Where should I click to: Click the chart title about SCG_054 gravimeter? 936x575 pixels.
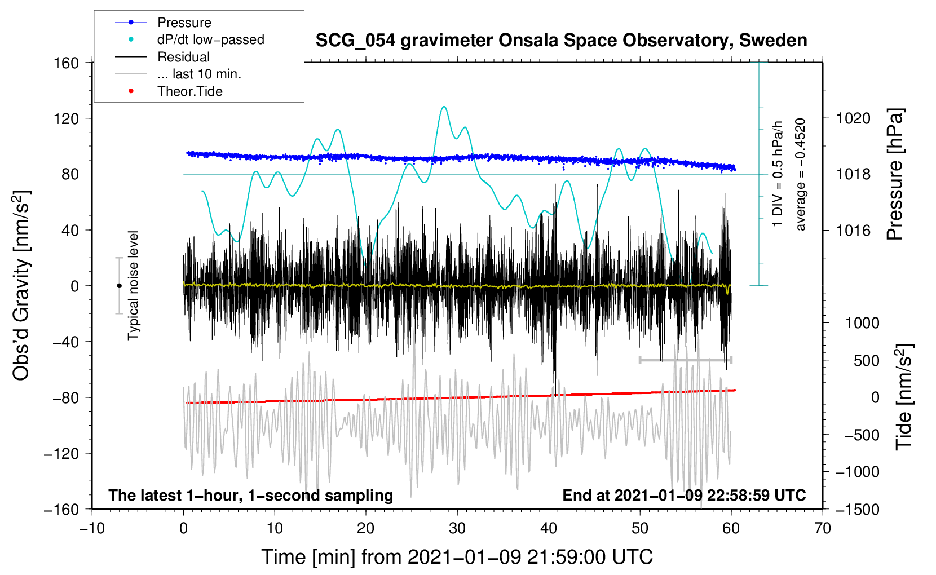coord(561,41)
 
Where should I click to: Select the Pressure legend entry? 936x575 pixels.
coord(184,23)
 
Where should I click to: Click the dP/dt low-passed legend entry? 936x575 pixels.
coord(210,39)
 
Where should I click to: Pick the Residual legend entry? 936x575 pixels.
coord(183,57)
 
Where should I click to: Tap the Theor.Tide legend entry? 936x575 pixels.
coord(189,91)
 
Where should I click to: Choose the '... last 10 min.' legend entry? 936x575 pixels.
coord(199,74)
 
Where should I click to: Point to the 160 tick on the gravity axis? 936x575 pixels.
coord(67,63)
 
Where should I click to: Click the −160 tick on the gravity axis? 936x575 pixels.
coord(61,509)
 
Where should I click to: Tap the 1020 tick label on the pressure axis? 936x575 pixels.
coord(853,118)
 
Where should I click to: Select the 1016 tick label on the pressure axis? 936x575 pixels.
coord(853,230)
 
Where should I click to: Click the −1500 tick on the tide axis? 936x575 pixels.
coord(857,509)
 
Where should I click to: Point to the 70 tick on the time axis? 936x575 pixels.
coord(823,528)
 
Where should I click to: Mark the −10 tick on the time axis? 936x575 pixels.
coord(92,528)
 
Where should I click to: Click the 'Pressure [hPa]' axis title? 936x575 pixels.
coord(895,175)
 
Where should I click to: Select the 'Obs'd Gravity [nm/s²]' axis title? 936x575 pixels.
coord(21,285)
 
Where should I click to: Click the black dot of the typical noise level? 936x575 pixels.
coord(119,286)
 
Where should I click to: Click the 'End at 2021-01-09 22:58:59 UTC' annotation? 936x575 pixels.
coord(684,495)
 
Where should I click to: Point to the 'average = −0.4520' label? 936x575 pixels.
coord(801,175)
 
